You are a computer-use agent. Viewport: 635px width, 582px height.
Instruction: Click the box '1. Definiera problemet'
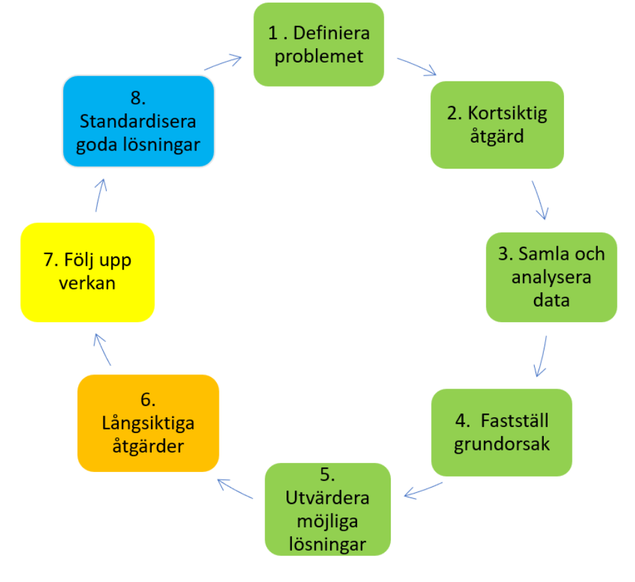(318, 44)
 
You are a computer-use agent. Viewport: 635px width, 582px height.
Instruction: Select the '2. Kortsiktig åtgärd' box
(497, 125)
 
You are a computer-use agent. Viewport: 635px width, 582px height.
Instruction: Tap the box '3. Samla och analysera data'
(551, 277)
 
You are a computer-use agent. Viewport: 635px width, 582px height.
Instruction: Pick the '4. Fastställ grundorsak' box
(501, 432)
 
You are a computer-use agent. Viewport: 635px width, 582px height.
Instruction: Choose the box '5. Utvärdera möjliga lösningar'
(328, 508)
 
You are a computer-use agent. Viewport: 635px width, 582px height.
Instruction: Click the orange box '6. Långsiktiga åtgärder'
(148, 423)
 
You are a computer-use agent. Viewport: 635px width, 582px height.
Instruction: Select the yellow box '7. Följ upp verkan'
(87, 272)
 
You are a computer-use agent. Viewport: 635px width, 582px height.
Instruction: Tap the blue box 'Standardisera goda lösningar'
(138, 122)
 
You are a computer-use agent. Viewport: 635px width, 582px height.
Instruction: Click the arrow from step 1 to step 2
(417, 66)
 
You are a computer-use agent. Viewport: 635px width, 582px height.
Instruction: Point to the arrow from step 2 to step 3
(540, 200)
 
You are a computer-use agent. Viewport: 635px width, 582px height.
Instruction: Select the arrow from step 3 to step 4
(541, 356)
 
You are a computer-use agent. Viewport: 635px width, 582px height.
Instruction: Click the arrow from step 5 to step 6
(235, 490)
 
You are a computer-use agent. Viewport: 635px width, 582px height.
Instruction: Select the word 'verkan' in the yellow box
(87, 284)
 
